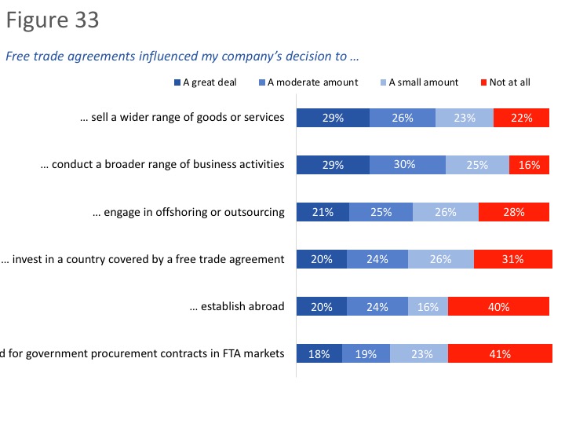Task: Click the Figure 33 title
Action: pyautogui.click(x=53, y=20)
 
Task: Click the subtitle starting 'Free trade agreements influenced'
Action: pyautogui.click(x=182, y=56)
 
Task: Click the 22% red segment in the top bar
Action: pyautogui.click(x=521, y=118)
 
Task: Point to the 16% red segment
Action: pyautogui.click(x=529, y=165)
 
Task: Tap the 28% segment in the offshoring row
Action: pyautogui.click(x=514, y=212)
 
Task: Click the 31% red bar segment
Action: pyautogui.click(x=512, y=259)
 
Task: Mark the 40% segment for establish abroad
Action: pyautogui.click(x=498, y=306)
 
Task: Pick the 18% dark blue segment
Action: pyautogui.click(x=319, y=353)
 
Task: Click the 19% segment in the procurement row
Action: pyautogui.click(x=366, y=353)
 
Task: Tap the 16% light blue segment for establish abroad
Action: pyautogui.click(x=428, y=306)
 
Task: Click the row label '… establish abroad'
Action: pyautogui.click(x=236, y=306)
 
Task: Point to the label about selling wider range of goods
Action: pyautogui.click(x=181, y=118)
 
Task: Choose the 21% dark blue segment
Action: pyautogui.click(x=323, y=212)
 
